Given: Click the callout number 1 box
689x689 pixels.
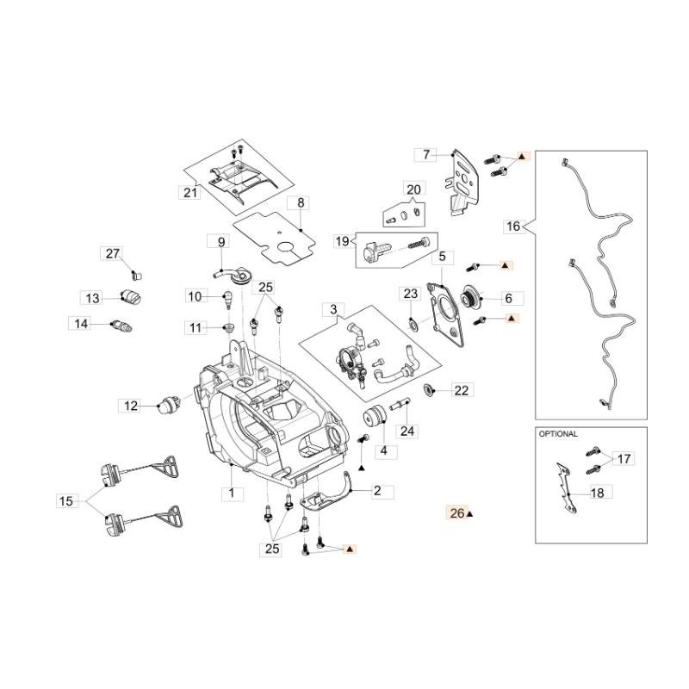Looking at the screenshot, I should pos(230,493).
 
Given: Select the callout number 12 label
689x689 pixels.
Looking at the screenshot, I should pos(131,405).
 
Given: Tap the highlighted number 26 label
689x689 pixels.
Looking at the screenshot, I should pos(456,513).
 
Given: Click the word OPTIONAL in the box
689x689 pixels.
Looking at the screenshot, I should pos(558,434).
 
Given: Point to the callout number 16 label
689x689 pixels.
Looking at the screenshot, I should pos(513,227).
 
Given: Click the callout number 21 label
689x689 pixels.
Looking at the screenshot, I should pos(190,193).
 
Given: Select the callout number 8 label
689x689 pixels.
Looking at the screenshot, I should pos(301,203).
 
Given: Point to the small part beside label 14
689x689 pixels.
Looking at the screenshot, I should pos(121,326).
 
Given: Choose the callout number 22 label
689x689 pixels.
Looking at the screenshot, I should pos(461,390).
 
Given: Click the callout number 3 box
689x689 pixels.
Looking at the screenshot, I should pos(332,308).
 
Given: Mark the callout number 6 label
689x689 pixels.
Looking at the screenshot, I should pos(508,298).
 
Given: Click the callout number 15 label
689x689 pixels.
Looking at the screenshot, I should pos(67,500).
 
